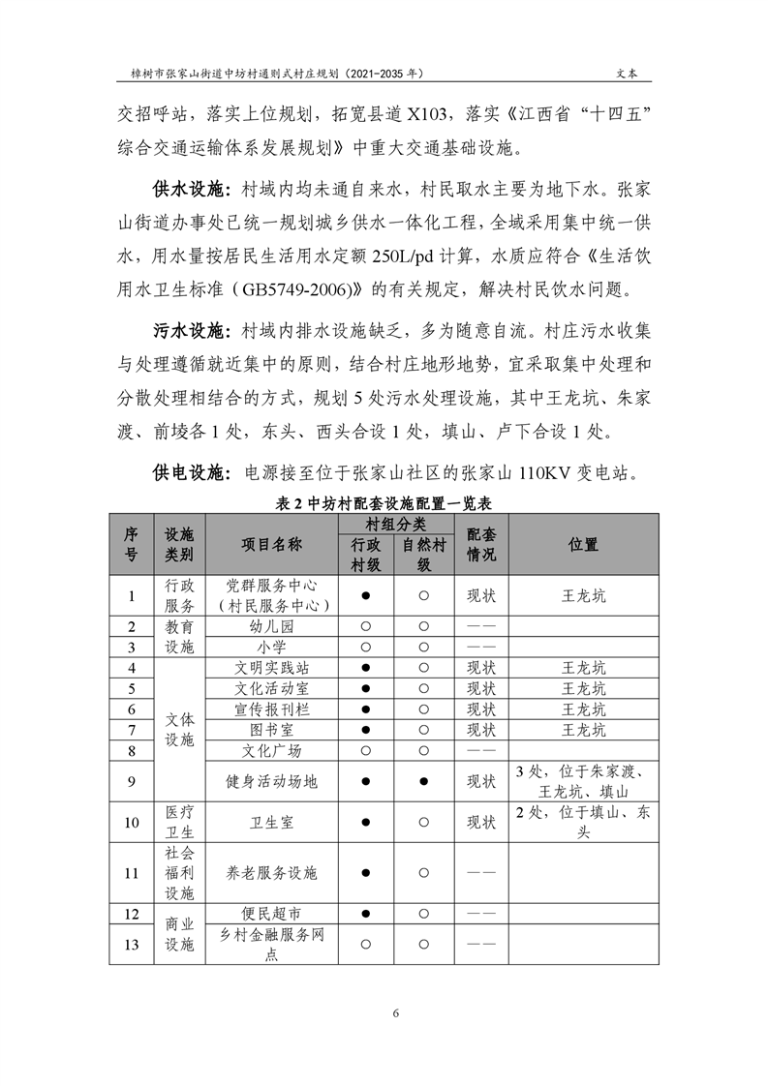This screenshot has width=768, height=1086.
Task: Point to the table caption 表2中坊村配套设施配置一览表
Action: click(x=384, y=503)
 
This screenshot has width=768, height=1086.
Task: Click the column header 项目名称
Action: click(x=271, y=544)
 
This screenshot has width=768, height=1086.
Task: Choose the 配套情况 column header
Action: click(x=481, y=545)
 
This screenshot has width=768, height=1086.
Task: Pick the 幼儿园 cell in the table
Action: click(x=271, y=626)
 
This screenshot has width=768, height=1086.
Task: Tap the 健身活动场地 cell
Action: click(x=271, y=780)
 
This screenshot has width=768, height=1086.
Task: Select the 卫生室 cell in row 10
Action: click(x=271, y=823)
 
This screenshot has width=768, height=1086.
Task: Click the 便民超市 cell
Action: click(x=271, y=913)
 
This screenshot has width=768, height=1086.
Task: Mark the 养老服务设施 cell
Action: click(x=271, y=872)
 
